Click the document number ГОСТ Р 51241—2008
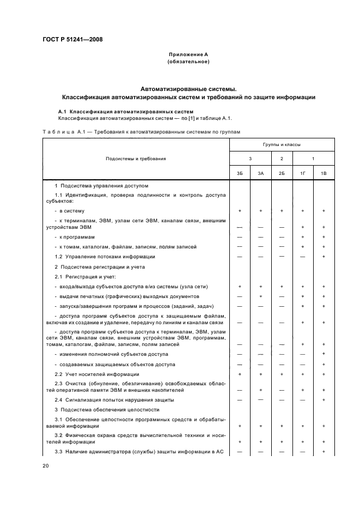(x=72, y=40)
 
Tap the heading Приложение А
(x=188, y=55)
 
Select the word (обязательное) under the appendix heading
(x=188, y=62)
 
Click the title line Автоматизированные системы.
(x=188, y=88)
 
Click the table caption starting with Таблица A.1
(x=141, y=132)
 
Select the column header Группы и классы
(x=282, y=145)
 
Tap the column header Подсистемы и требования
(x=136, y=159)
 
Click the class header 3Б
(x=240, y=173)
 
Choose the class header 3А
(x=261, y=173)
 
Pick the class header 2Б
(x=282, y=173)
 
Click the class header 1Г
(x=302, y=173)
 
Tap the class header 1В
(x=324, y=173)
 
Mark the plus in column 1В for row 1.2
(x=324, y=256)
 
